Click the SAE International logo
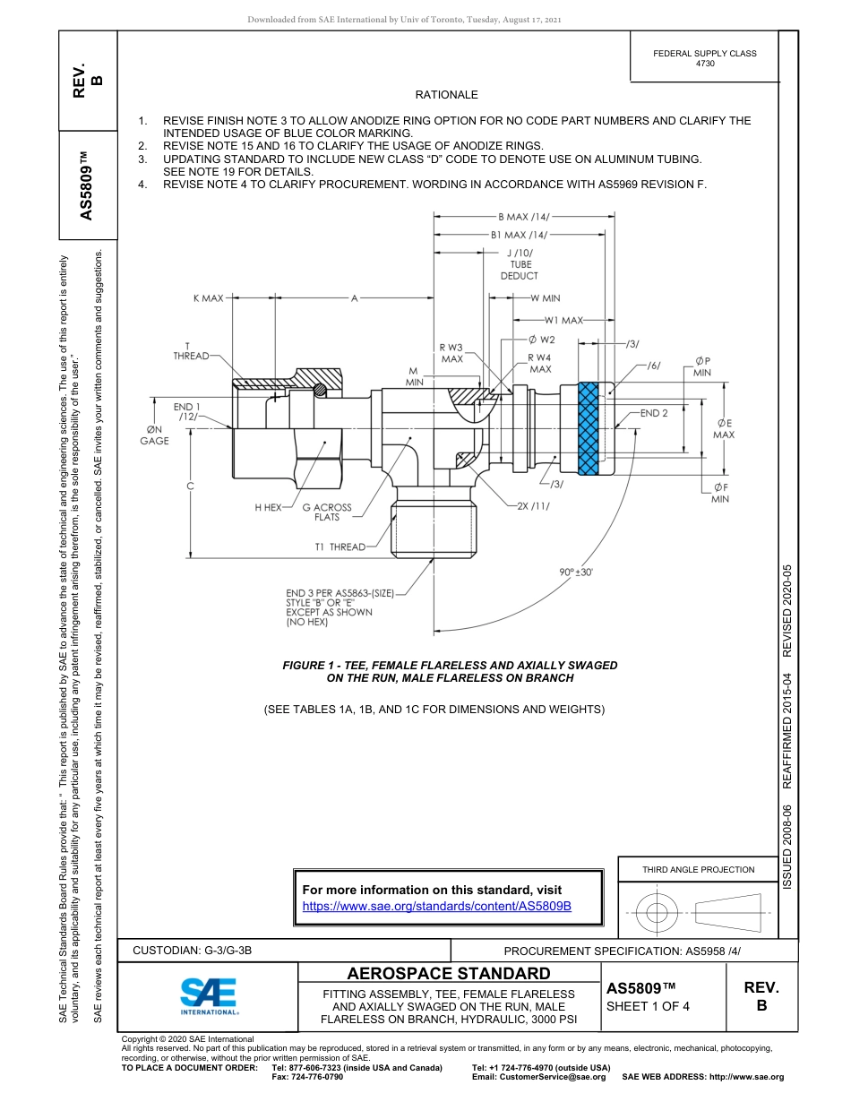[209, 995]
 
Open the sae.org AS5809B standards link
[437, 906]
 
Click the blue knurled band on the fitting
[588, 427]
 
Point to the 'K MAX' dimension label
[208, 297]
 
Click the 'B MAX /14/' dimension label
[523, 216]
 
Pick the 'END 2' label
[654, 413]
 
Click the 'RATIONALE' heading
[446, 94]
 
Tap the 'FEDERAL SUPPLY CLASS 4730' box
[704, 58]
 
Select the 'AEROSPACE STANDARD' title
[449, 973]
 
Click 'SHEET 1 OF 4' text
[648, 1005]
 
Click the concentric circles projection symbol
[657, 912]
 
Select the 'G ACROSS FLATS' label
[327, 512]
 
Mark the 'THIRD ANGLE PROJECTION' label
[698, 869]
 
